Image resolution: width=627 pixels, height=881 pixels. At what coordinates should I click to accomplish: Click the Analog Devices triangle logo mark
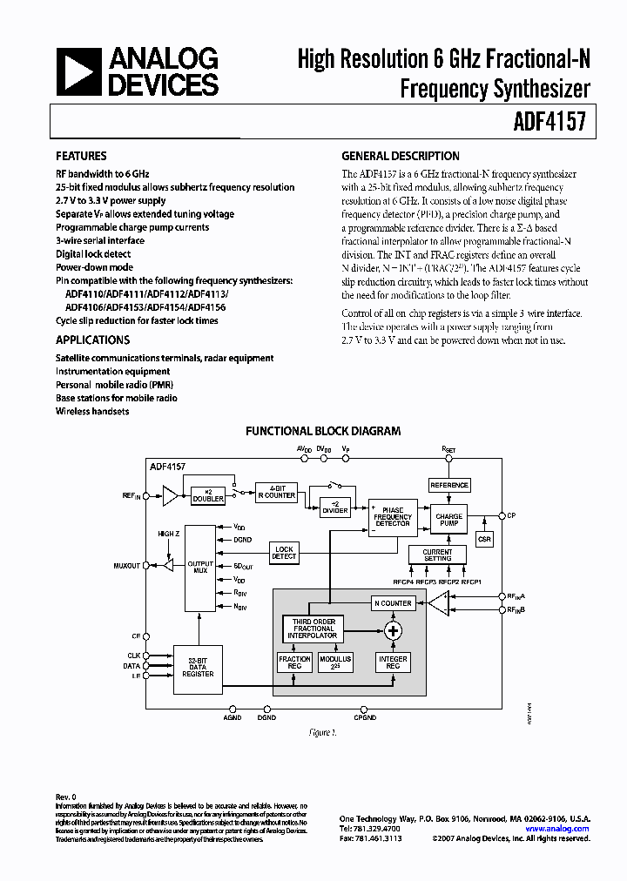pos(79,71)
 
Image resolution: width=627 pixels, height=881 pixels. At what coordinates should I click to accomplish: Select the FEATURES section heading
pos(82,157)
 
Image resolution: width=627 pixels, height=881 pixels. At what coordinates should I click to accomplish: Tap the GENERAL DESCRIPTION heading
pos(400,157)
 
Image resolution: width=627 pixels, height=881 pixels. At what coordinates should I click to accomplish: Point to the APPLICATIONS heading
pos(92,340)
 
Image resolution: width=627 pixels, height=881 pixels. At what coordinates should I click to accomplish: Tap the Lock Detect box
pos(285,552)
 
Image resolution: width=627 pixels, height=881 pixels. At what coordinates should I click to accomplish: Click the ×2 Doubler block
pos(207,494)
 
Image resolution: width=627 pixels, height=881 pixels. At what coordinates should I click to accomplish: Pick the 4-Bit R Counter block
pos(276,492)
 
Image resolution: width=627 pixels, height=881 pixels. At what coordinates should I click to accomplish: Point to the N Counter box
pos(393,602)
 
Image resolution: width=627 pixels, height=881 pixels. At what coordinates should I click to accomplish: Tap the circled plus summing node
pos(394,630)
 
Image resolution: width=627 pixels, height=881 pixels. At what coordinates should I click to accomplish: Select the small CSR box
pos(485,540)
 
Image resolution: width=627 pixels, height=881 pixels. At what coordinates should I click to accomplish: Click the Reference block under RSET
pos(449,485)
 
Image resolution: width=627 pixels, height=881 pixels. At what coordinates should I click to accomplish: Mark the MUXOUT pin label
pos(126,566)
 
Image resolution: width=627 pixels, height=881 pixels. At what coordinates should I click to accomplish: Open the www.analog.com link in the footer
pos(564,829)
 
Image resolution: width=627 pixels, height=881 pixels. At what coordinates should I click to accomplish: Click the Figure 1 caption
pos(322,733)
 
